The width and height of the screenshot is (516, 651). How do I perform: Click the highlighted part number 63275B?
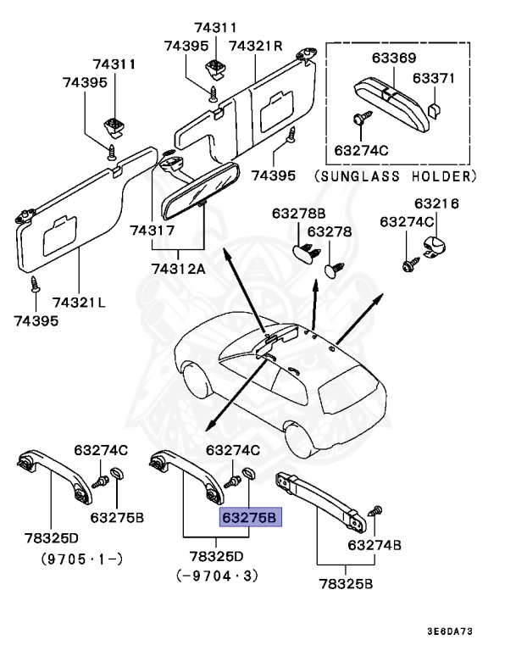coord(249,517)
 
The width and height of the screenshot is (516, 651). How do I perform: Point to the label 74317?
coord(153,231)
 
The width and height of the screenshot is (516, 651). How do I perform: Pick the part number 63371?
coord(434,78)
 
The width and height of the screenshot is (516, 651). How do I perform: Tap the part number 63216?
coord(436,203)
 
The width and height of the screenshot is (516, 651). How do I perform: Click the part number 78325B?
coord(346,583)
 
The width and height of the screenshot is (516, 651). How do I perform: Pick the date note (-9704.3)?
coord(216,576)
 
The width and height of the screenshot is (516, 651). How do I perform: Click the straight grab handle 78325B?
coord(319,497)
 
